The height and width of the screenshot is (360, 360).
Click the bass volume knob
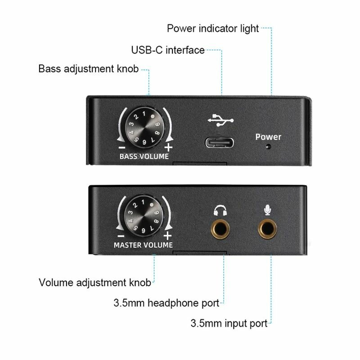click(144, 126)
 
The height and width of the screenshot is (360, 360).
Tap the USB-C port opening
click(221, 142)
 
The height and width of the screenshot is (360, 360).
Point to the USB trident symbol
click(221, 120)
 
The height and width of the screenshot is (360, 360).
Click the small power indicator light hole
click(269, 147)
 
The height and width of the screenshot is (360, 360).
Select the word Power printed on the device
click(268, 137)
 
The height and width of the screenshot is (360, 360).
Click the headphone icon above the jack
click(220, 210)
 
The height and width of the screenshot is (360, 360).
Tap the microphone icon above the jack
click(268, 210)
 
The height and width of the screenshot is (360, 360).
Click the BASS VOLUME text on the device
click(144, 157)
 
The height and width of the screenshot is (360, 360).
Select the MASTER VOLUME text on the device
click(143, 245)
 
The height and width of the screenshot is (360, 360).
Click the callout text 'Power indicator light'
click(213, 29)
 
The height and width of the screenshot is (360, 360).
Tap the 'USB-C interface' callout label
click(168, 50)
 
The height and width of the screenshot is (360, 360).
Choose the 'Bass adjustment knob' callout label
click(88, 69)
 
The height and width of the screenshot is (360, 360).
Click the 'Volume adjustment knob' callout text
click(94, 283)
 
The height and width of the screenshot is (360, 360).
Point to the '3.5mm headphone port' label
click(166, 302)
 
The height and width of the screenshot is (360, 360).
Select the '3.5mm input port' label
click(229, 323)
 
